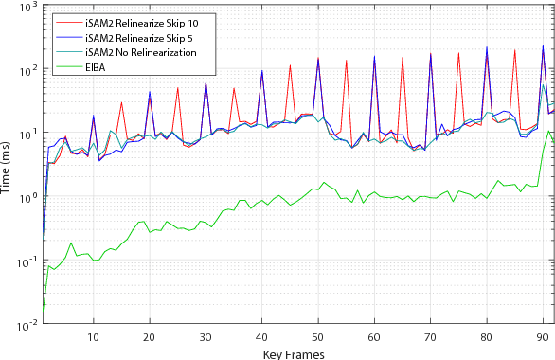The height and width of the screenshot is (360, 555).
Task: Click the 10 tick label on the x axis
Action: pyautogui.click(x=93, y=338)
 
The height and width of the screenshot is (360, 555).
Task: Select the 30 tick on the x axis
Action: pyautogui.click(x=206, y=338)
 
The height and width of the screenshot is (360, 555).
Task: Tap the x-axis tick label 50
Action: pyautogui.click(x=318, y=338)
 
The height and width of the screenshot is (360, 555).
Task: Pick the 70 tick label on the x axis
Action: pyautogui.click(x=430, y=338)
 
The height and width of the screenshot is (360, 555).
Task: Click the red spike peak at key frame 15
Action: pyautogui.click(x=121, y=101)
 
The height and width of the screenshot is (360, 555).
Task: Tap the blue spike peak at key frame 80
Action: pyautogui.click(x=487, y=47)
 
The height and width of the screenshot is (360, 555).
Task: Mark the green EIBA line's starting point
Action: pyautogui.click(x=44, y=305)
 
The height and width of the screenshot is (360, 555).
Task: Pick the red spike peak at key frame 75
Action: pyautogui.click(x=458, y=53)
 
